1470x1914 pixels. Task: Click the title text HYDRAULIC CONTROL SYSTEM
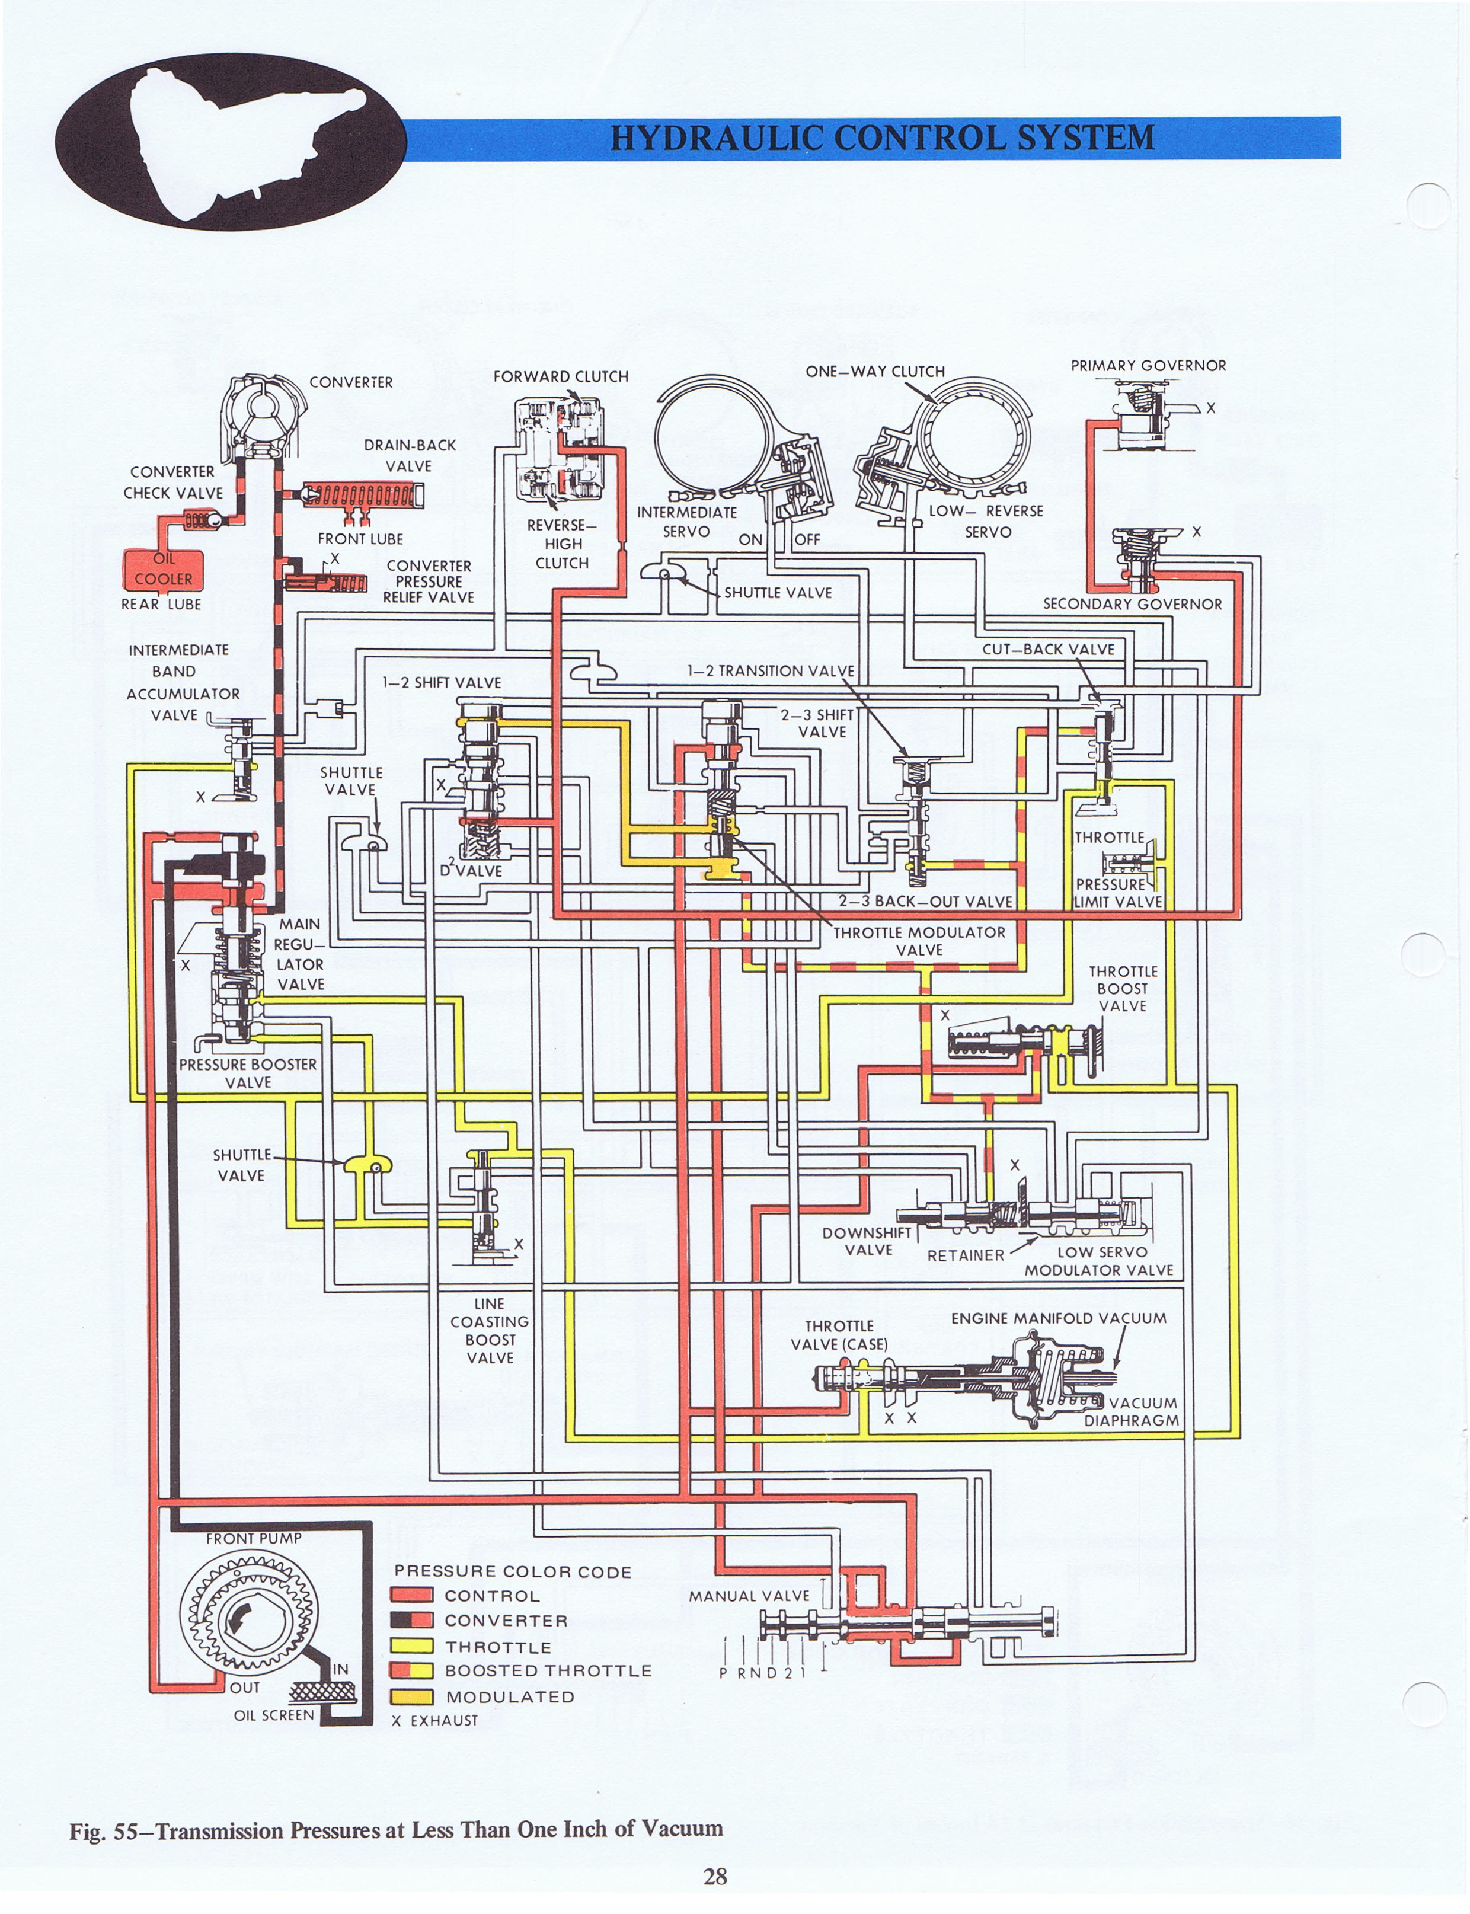(882, 138)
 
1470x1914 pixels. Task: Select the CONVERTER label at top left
(351, 382)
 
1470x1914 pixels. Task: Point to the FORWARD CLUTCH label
(561, 376)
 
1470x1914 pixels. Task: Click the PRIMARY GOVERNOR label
(1148, 366)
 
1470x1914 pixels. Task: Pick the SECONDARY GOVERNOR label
(1132, 603)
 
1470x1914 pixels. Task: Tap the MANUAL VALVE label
(749, 1596)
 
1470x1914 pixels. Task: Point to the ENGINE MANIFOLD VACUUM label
(1059, 1318)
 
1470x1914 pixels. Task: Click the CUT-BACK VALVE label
(1048, 649)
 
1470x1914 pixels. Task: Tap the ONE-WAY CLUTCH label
(875, 371)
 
